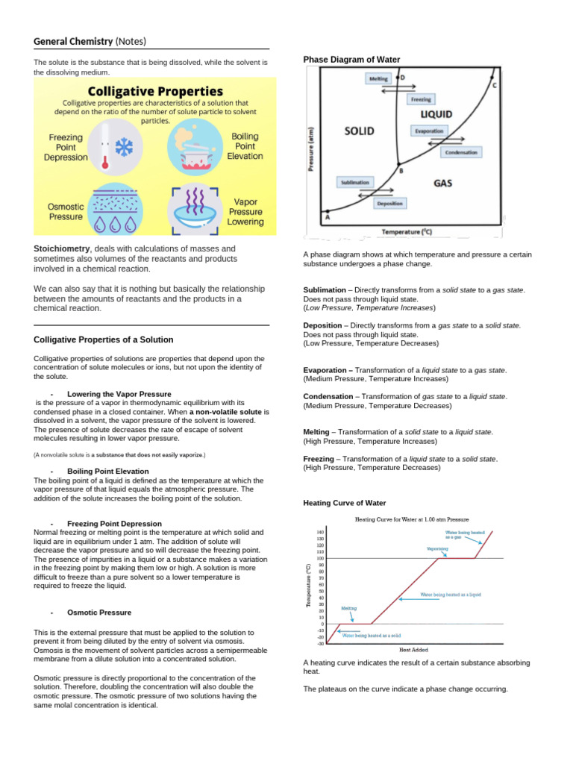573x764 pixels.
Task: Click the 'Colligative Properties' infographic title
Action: click(x=155, y=91)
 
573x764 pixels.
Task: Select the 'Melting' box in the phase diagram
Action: click(x=378, y=78)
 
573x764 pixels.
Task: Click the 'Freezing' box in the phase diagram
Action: click(x=420, y=99)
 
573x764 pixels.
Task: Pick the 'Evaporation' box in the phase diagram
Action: click(x=429, y=131)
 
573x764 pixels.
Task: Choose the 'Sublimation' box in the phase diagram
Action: click(x=354, y=182)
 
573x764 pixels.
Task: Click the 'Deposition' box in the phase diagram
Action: click(x=389, y=203)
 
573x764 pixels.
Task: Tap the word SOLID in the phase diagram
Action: click(x=359, y=131)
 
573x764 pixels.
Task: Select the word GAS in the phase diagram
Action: click(x=442, y=182)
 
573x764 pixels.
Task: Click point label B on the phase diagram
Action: click(x=401, y=171)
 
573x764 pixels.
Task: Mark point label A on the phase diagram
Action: click(x=327, y=218)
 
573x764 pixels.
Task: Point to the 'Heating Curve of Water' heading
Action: click(x=345, y=503)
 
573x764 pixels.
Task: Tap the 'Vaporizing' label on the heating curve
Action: click(x=437, y=548)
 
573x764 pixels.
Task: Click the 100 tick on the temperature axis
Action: click(x=320, y=558)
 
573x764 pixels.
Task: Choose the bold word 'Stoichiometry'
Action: click(x=63, y=248)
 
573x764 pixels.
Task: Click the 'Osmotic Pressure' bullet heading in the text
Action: click(x=99, y=613)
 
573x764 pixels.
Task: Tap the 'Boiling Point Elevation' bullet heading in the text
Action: click(x=108, y=472)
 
